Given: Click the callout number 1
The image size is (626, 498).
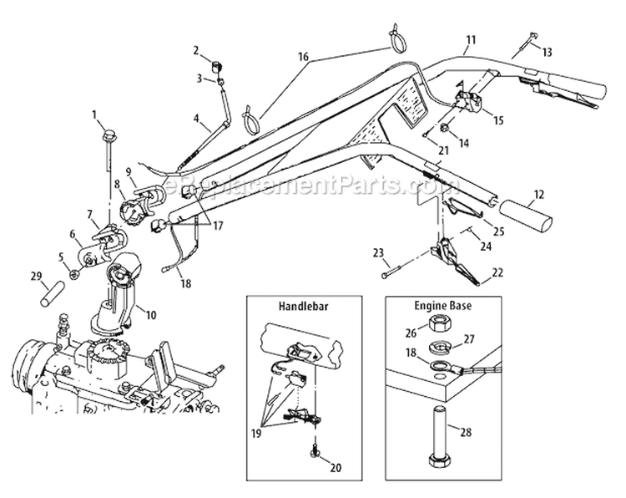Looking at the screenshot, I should point(94,114).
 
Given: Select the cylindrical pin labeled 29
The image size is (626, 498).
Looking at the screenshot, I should point(53,294).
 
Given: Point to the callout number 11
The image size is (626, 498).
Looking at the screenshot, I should point(471,39).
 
